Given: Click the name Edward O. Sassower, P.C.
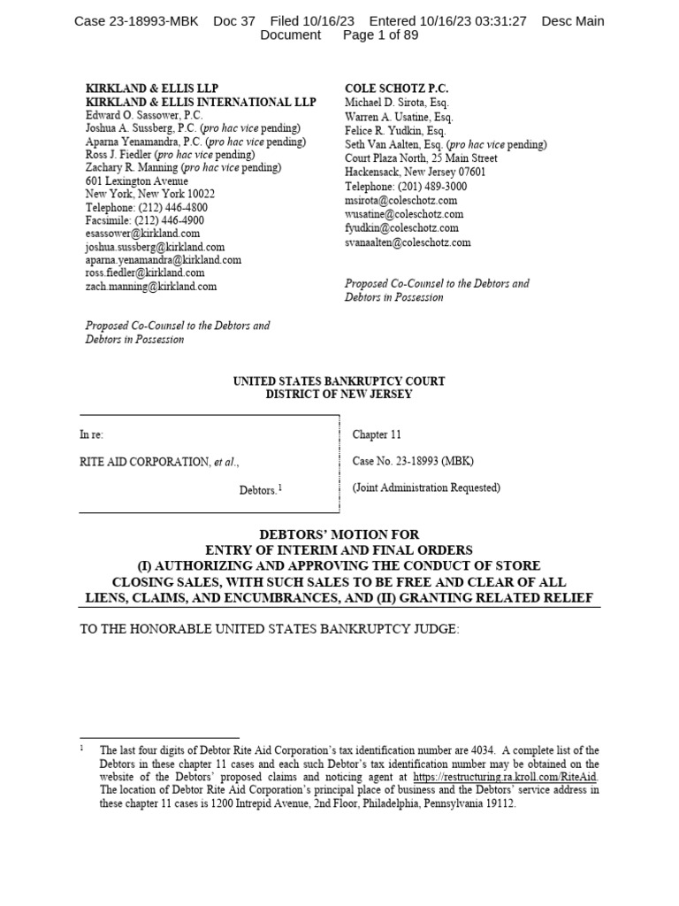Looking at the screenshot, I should point(144,115).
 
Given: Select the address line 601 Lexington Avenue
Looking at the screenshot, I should point(136,180).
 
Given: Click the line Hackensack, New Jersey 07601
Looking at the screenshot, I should point(415,173).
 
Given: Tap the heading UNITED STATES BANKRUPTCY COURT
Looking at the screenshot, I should point(339,381).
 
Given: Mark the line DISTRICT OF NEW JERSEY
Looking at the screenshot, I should point(339,395).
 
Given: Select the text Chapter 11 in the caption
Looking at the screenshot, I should point(377,434).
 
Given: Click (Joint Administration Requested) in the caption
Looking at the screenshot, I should point(426,488).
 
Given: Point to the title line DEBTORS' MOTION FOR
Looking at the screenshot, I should point(339,535).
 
